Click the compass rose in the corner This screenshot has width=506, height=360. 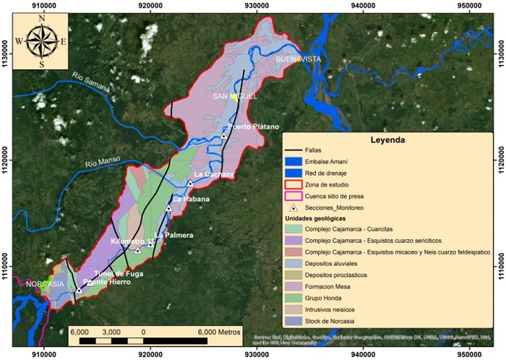tap(40, 42)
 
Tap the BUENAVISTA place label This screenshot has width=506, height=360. tap(299, 59)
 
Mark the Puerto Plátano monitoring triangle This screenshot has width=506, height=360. tap(224, 136)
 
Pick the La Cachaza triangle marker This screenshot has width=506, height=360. tap(190, 184)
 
